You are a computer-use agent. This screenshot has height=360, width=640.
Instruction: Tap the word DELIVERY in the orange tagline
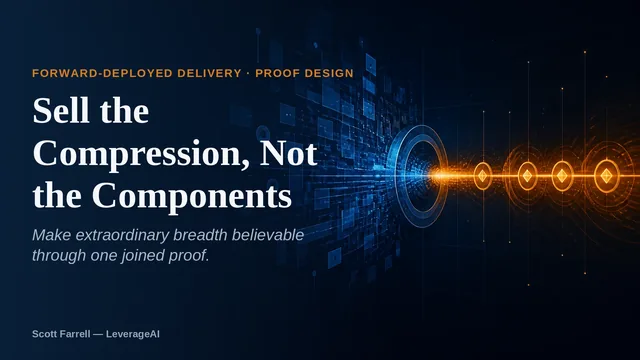tap(209, 73)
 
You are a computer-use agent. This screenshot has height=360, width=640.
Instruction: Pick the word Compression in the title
tap(141, 154)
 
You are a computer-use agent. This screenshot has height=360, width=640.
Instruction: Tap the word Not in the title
tap(289, 153)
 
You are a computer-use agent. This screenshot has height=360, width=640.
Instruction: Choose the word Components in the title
tap(192, 197)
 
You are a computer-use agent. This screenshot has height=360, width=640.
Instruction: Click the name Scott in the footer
tap(44, 334)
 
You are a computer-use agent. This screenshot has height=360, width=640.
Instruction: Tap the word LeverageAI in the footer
tap(133, 334)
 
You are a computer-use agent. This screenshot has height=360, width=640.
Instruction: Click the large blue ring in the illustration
tap(397, 176)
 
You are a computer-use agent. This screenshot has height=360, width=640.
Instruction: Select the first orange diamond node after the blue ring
tap(482, 176)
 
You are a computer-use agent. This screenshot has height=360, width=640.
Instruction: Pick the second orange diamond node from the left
tap(527, 176)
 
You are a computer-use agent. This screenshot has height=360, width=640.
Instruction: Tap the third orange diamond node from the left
tap(562, 176)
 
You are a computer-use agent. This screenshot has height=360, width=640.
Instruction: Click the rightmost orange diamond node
tap(607, 176)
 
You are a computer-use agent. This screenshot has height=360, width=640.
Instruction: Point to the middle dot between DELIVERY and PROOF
tap(248, 73)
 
